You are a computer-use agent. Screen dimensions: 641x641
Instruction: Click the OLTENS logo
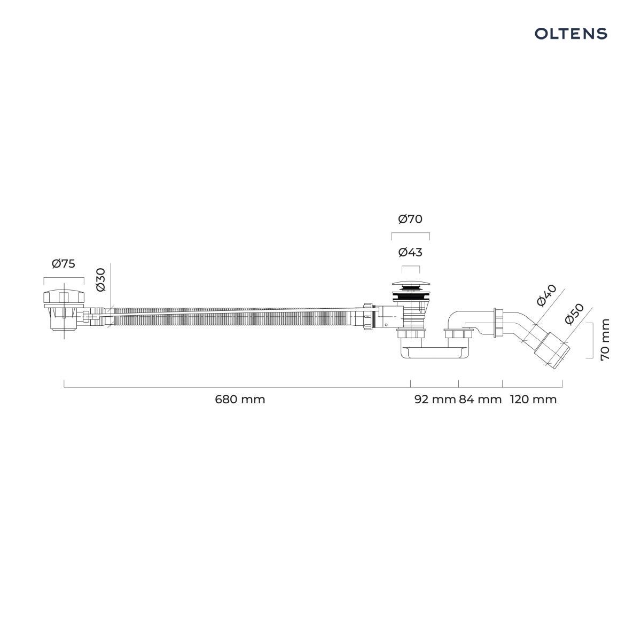point(570,34)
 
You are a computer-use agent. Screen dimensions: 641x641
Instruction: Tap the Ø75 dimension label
point(64,263)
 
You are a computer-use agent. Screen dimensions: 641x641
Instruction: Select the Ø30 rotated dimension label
point(101,280)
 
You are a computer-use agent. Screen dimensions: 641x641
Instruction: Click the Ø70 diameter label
point(410,219)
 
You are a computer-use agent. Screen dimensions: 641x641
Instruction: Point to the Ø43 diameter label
point(410,252)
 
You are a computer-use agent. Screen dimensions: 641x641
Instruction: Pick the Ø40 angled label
point(546,295)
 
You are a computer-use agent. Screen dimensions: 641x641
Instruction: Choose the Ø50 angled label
point(574,314)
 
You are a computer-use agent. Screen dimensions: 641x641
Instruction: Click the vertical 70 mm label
point(605,339)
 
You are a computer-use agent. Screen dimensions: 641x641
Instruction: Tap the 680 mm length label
point(240,399)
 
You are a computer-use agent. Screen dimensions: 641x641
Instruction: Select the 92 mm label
point(435,399)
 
